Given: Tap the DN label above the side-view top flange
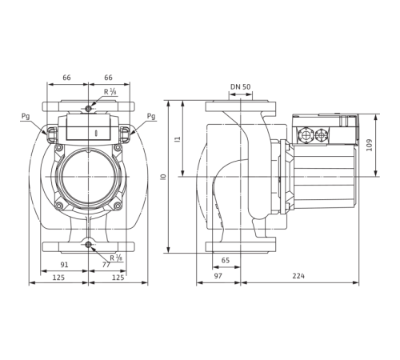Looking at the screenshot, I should point(234,86).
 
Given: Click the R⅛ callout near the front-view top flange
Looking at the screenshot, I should point(114,93).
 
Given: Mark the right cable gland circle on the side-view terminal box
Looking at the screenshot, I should point(324,135).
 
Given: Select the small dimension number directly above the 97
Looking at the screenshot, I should point(226,260).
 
